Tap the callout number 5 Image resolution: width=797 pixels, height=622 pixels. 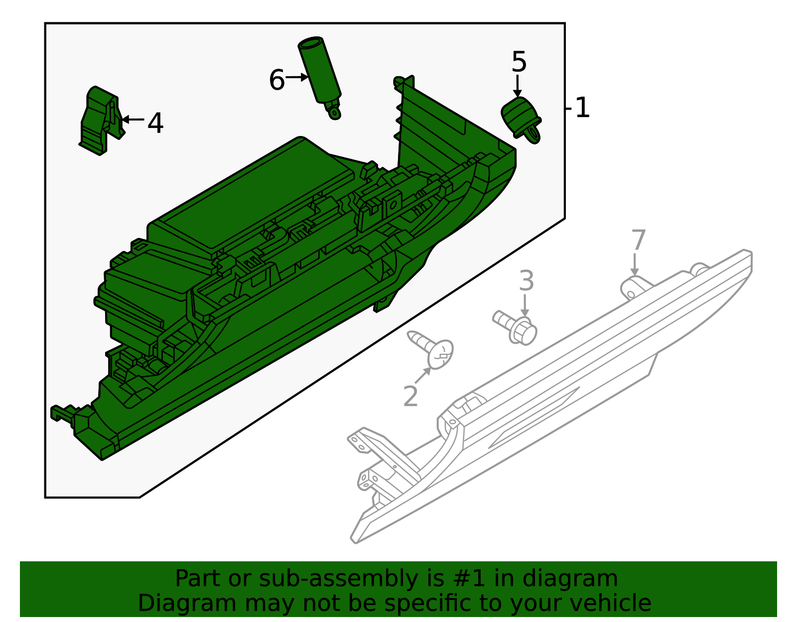click(x=519, y=62)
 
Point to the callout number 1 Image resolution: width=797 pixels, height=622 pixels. click(x=582, y=108)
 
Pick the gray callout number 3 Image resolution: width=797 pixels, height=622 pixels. click(x=526, y=281)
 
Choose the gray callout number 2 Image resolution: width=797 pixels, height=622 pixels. click(x=410, y=396)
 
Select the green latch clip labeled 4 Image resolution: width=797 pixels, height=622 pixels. click(x=101, y=121)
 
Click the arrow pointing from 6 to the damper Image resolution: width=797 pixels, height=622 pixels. click(x=297, y=77)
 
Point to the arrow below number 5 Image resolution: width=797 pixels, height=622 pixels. click(x=518, y=86)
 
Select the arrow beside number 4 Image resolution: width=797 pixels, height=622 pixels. click(x=133, y=120)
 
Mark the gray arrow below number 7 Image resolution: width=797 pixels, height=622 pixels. click(x=635, y=264)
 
